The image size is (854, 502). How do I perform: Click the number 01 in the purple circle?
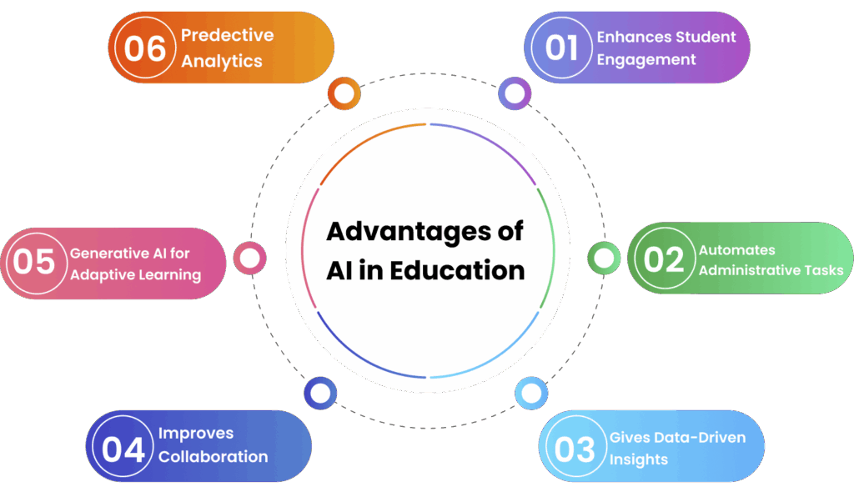561,47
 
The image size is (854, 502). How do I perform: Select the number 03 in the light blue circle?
575,449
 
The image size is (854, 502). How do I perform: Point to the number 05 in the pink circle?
33,262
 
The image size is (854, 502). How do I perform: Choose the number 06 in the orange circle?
145,48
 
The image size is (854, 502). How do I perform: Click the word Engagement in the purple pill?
646,59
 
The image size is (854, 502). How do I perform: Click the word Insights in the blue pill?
638,459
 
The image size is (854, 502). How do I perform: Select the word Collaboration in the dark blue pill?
213,456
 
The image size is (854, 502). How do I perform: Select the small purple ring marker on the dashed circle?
515,93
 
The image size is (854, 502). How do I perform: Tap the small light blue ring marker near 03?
530,393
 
